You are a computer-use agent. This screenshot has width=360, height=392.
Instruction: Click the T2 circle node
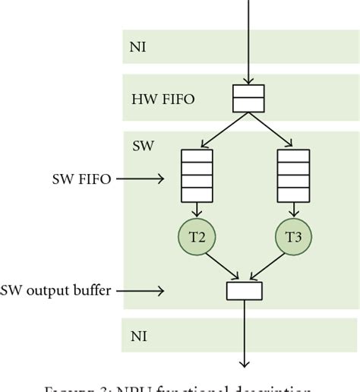point(197,237)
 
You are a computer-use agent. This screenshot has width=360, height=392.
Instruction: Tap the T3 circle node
point(293,237)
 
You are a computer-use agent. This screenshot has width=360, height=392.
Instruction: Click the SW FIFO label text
point(76,179)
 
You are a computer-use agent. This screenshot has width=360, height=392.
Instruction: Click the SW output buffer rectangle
point(245,289)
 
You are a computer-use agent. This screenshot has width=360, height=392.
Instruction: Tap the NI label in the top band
point(137,46)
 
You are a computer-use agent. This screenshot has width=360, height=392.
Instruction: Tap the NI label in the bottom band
point(137,334)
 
